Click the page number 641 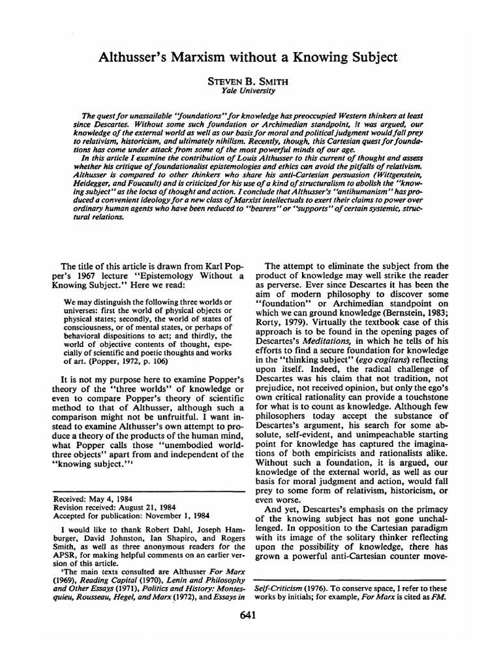[250, 615]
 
